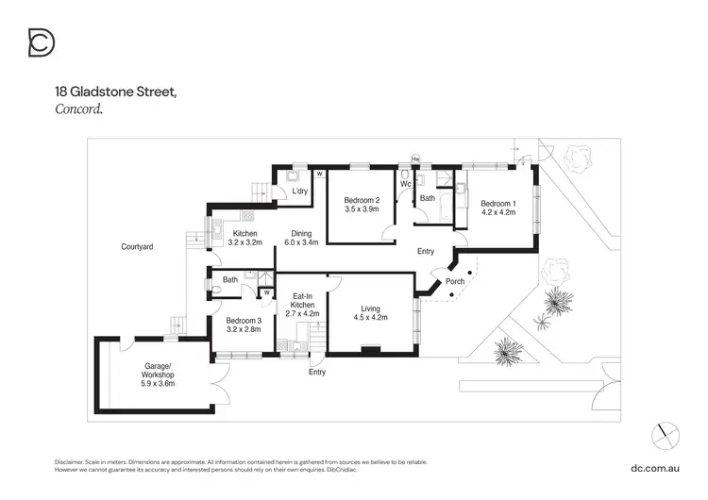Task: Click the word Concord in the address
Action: pyautogui.click(x=76, y=108)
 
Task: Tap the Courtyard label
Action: pyautogui.click(x=137, y=246)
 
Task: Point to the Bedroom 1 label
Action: pyautogui.click(x=497, y=203)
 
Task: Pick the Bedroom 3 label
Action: pyautogui.click(x=243, y=321)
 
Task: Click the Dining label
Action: pyautogui.click(x=301, y=233)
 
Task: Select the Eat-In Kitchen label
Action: pyautogui.click(x=301, y=299)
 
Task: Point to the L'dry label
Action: pyautogui.click(x=300, y=192)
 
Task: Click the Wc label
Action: pyautogui.click(x=404, y=184)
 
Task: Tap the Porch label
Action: pyautogui.click(x=455, y=281)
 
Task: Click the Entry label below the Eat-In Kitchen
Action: pyautogui.click(x=317, y=372)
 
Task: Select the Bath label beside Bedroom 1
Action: pyautogui.click(x=428, y=198)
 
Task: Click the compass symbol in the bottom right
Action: pyautogui.click(x=665, y=436)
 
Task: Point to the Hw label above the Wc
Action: pyautogui.click(x=414, y=159)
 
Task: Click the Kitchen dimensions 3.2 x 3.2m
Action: pyautogui.click(x=244, y=242)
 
